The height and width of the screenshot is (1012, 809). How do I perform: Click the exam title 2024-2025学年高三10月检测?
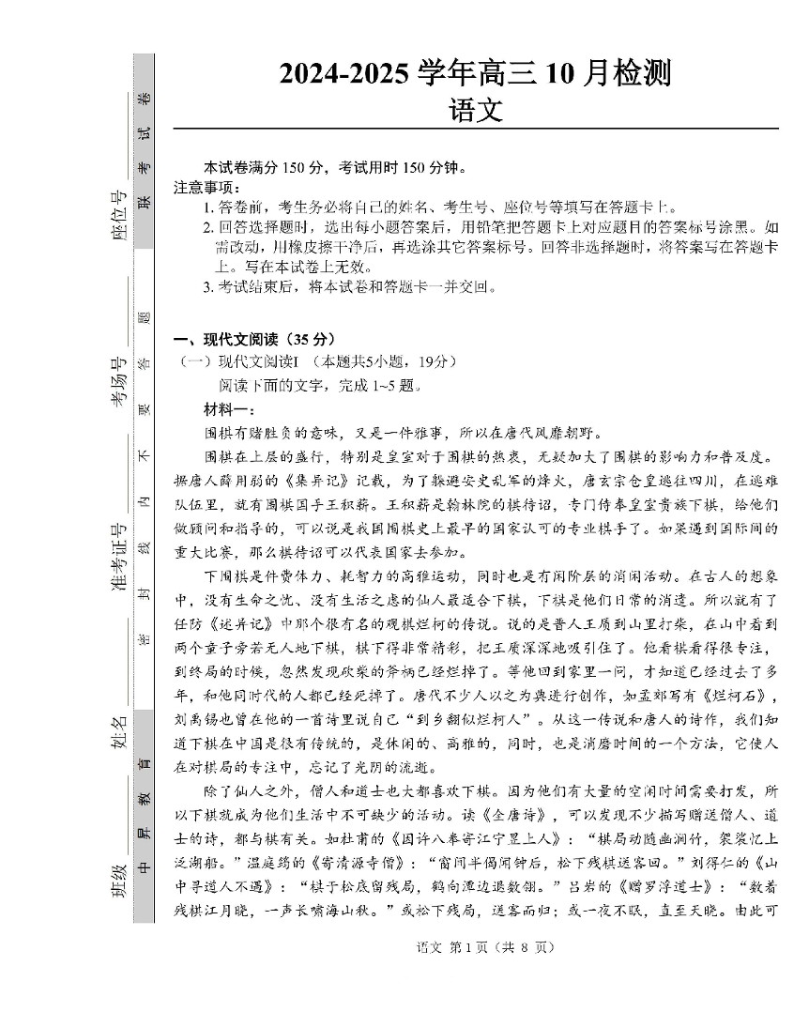tap(475, 73)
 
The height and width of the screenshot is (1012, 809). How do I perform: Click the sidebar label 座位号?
tap(119, 216)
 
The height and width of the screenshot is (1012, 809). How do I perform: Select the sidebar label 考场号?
tap(119, 383)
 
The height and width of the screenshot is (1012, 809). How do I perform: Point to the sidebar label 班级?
tap(119, 879)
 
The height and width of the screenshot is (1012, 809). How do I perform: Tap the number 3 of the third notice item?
tap(208, 288)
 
